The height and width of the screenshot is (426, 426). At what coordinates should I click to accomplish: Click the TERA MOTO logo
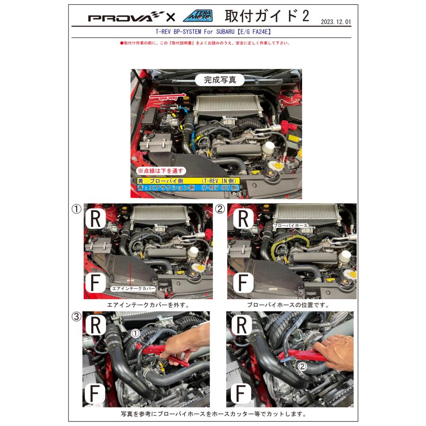[x=197, y=16]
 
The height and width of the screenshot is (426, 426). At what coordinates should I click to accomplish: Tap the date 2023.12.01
[x=336, y=22]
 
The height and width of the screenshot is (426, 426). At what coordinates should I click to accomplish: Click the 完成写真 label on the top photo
[x=220, y=80]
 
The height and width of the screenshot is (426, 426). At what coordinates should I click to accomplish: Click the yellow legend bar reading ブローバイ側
[x=188, y=181]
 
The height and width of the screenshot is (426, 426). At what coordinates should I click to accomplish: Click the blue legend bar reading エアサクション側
[x=188, y=188]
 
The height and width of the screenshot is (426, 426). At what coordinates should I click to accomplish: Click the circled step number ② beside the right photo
[x=220, y=209]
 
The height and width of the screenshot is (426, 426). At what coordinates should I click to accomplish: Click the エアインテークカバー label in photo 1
[x=133, y=288]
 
